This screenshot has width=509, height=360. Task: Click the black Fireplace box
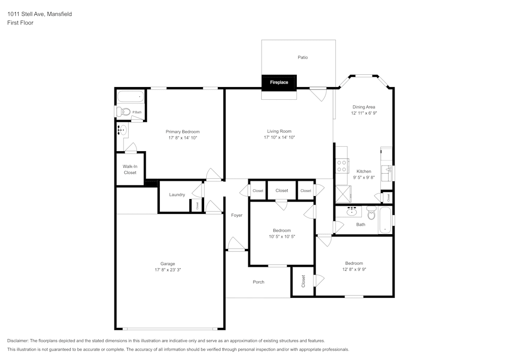point(279,82)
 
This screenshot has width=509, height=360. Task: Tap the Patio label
point(303,58)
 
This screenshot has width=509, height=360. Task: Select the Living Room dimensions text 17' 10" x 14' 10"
point(279,137)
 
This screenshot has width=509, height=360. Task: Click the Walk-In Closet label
point(130,170)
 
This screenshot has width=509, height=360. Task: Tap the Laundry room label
point(177,195)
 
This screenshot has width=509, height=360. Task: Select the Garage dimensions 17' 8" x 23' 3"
point(167,270)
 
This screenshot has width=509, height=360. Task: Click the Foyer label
point(237,215)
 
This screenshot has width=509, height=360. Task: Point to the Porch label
point(259,282)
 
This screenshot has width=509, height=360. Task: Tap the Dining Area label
point(364,107)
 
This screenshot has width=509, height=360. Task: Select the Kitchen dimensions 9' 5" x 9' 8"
point(363,178)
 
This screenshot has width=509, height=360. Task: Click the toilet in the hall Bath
point(372,214)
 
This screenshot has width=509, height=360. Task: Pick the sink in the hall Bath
point(352,211)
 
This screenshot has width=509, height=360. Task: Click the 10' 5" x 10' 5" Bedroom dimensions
point(281,236)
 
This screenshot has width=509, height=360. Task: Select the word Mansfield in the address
point(60,14)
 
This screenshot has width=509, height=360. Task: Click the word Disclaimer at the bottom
point(18,341)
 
